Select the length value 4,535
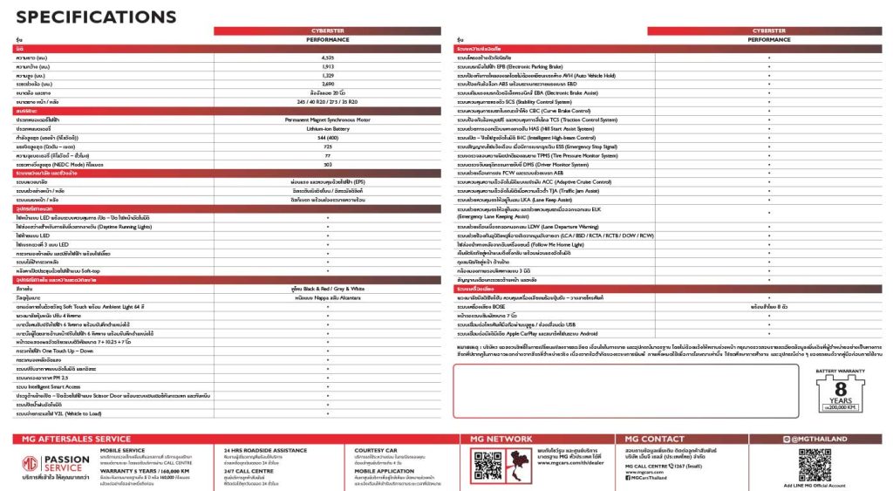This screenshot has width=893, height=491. click(x=327, y=57)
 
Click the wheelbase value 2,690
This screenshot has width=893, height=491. click(x=327, y=84)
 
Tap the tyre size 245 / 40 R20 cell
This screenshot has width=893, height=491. click(x=327, y=102)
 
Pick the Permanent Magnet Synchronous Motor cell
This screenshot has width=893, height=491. click(x=327, y=119)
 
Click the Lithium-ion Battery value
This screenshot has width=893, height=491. click(x=327, y=128)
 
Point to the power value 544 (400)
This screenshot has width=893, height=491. click(x=327, y=138)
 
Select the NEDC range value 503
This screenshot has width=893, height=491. click(x=327, y=164)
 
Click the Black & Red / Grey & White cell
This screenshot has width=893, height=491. click(x=327, y=288)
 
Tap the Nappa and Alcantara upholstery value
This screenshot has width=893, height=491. click(x=327, y=297)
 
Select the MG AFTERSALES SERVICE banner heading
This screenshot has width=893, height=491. click(x=75, y=439)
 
